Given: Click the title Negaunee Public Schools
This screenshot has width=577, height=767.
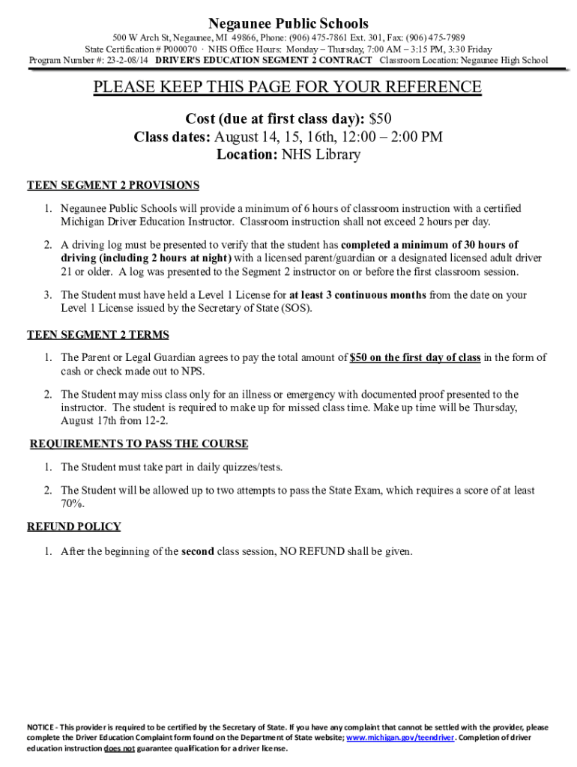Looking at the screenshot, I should [288, 24].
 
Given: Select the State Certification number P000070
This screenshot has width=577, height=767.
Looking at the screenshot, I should [178, 49].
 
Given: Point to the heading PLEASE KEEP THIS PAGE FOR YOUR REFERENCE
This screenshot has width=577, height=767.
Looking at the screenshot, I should [288, 88].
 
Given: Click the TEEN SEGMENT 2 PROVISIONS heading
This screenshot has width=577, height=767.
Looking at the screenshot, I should [113, 185].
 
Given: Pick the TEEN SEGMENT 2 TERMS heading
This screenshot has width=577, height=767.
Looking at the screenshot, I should [98, 335].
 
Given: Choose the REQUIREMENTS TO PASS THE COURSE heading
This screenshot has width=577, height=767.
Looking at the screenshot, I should [139, 444].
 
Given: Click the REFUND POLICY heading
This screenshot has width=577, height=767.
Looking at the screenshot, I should [74, 527].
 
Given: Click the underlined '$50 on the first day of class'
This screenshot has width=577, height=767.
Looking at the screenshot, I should [415, 357].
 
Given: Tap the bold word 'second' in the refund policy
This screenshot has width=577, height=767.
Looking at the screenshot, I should [198, 552].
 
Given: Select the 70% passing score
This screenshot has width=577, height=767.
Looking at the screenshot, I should [73, 503].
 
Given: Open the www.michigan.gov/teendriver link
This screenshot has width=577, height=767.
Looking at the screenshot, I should [400, 738].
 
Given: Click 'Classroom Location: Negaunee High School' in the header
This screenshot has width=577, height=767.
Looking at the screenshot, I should [464, 60].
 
